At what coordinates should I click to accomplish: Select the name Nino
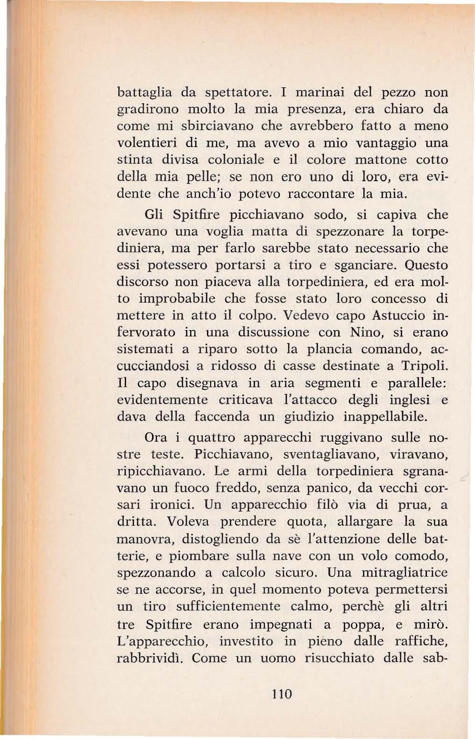click(x=365, y=332)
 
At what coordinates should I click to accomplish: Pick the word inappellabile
click(x=385, y=416)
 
